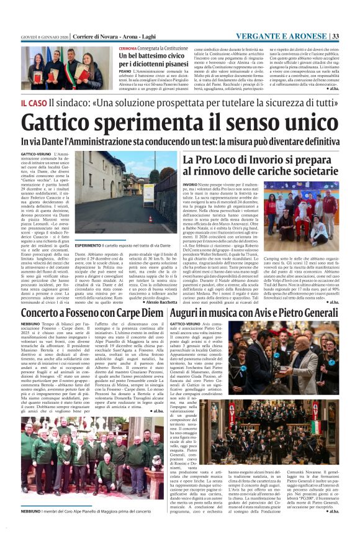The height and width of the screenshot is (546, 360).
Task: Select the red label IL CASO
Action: coord(34,102)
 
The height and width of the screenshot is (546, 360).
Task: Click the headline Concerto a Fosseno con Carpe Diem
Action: coord(93,314)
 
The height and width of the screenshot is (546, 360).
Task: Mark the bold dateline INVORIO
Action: coord(189,184)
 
